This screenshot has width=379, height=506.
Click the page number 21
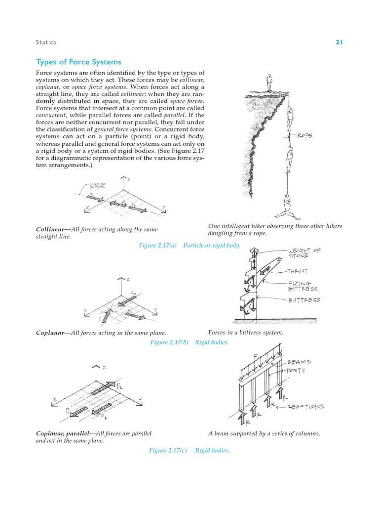(339, 42)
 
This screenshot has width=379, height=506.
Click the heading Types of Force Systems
(78, 62)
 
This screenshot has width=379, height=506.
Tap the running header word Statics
(46, 42)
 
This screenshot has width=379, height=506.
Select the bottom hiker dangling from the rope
(287, 207)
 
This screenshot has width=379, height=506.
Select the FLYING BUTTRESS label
(303, 286)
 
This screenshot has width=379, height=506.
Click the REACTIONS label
(306, 407)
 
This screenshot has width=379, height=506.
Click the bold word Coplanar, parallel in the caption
(63, 433)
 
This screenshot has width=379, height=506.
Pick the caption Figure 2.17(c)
(168, 450)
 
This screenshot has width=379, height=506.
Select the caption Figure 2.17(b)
(168, 342)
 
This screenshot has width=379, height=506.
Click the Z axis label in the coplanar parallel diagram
(104, 368)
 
